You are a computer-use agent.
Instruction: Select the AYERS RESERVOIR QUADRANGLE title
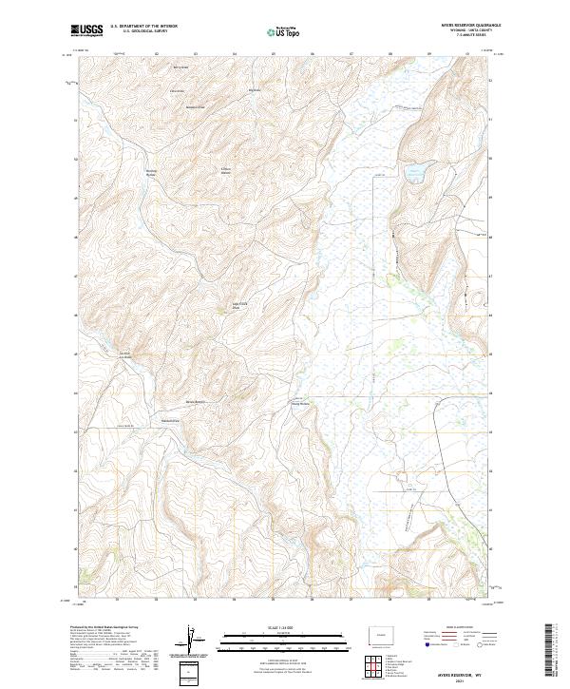point(463,25)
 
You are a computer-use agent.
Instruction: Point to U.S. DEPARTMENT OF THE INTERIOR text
point(143,26)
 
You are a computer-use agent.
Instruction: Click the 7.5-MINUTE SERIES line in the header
point(463,36)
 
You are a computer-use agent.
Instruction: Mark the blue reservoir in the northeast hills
point(415,174)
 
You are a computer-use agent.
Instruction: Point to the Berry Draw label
point(180,67)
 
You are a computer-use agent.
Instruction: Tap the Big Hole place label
point(254,90)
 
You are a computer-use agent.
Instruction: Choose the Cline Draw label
point(176,90)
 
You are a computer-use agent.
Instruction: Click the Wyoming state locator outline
point(378,635)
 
